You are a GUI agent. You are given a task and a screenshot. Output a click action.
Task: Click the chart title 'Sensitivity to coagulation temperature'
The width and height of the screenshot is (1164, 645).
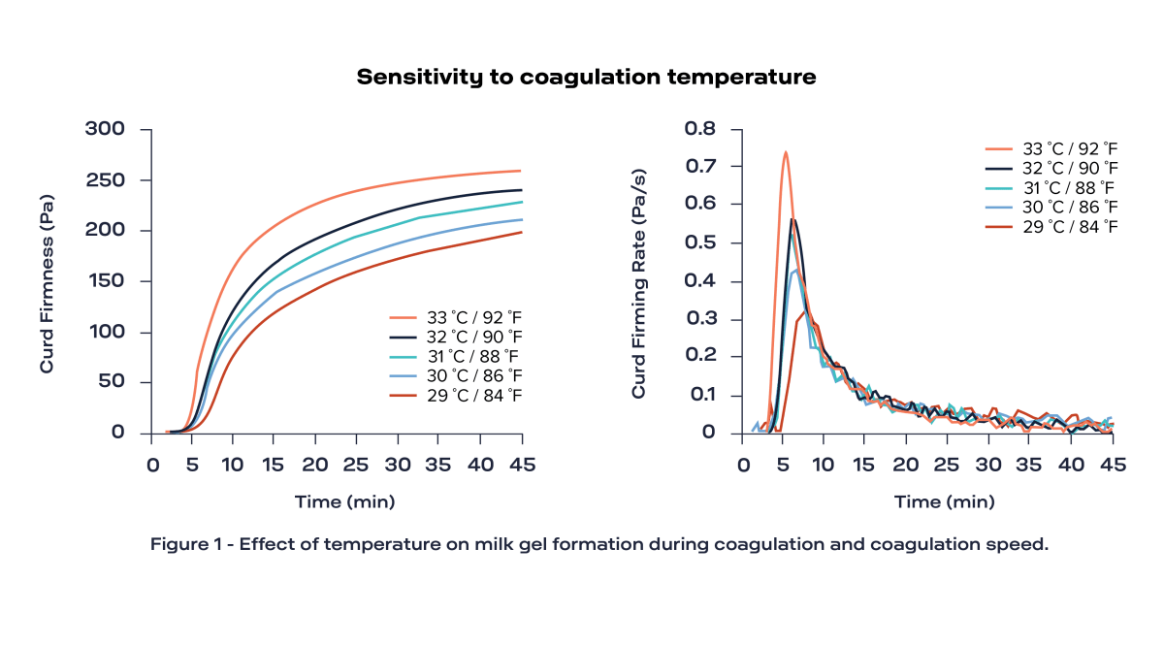point(586,78)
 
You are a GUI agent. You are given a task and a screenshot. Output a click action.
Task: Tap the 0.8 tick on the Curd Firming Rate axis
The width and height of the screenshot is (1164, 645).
point(699,129)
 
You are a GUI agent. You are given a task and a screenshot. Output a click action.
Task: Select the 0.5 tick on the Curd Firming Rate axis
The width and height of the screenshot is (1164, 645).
point(699,242)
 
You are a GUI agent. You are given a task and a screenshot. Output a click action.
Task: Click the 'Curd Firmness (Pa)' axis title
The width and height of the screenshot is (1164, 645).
point(47,281)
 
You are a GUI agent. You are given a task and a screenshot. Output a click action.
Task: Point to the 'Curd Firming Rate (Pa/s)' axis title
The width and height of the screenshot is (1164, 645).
point(638,281)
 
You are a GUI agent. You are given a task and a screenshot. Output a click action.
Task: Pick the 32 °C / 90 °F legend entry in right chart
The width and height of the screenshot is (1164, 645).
point(1051,168)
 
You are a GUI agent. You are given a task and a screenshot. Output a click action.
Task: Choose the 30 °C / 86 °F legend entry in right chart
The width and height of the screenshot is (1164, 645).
point(1051,207)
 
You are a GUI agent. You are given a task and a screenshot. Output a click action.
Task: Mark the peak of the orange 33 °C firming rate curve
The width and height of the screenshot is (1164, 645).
point(785,152)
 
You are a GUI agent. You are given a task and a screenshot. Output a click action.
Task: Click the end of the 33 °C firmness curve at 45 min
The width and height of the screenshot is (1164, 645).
point(522,171)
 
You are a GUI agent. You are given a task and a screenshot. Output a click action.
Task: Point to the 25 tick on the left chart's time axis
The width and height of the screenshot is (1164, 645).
point(357,465)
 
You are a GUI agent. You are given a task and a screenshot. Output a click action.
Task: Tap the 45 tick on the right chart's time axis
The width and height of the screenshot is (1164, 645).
point(1113,465)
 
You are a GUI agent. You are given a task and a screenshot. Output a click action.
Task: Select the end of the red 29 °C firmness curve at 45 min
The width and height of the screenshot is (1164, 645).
point(522,232)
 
